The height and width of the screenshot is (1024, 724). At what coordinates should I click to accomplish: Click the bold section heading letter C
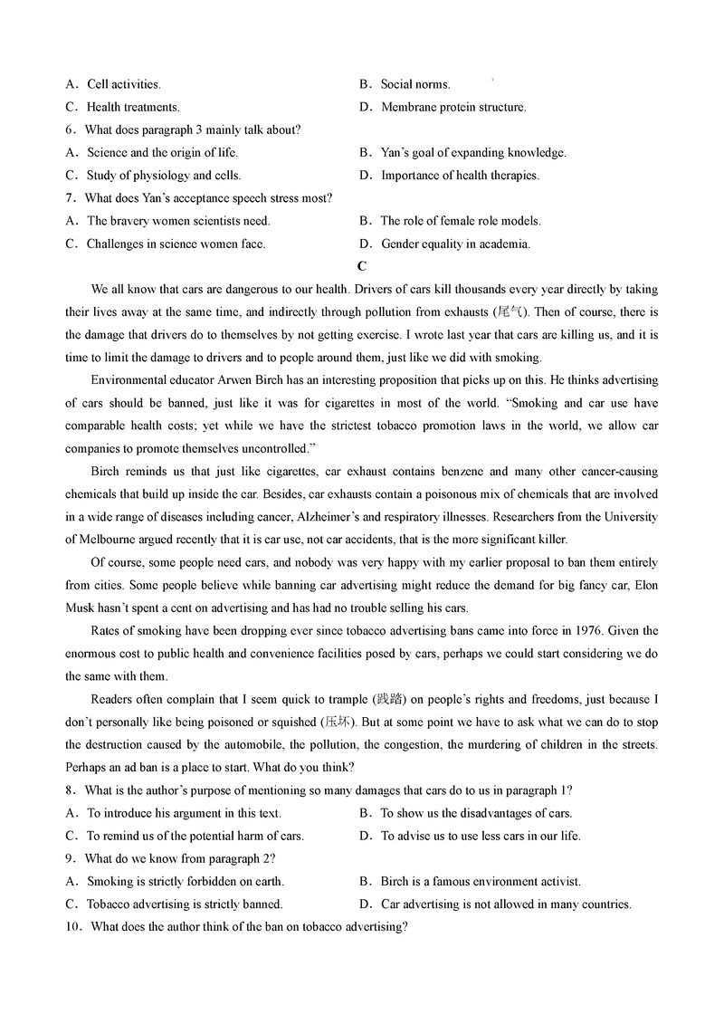(x=362, y=266)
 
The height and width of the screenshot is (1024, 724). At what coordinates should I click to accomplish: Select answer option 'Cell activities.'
(x=124, y=84)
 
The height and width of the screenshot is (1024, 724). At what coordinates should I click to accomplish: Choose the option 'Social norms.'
(x=415, y=84)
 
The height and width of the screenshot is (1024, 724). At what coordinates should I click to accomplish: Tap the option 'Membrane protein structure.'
(x=453, y=107)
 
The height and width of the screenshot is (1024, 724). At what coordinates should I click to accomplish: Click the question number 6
(x=69, y=129)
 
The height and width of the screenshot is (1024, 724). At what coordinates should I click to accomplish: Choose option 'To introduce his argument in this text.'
(x=184, y=813)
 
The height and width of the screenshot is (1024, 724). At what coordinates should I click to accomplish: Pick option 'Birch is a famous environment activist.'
(x=481, y=881)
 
